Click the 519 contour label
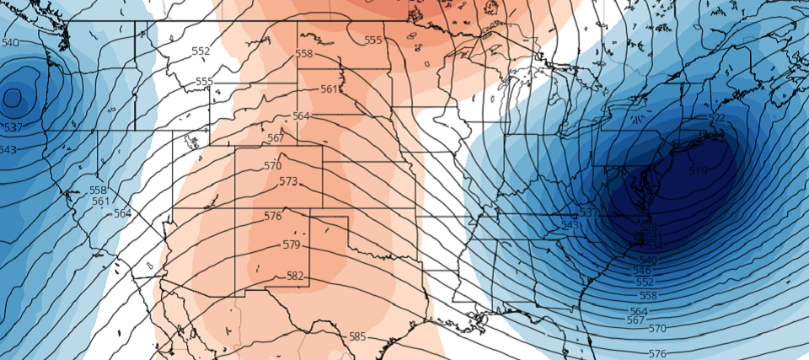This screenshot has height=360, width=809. tap(699, 171)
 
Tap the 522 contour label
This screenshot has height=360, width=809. tap(717, 118)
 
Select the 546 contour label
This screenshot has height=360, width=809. tap(642, 271)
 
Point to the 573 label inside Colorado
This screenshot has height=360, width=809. tap(288, 181)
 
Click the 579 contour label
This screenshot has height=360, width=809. tap(292, 245)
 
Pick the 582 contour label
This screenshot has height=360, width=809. tap(296, 276)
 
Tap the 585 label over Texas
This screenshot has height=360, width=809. tap(357, 336)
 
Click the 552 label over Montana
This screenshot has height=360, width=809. tap(201, 51)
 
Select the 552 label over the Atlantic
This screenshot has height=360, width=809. tap(645, 282)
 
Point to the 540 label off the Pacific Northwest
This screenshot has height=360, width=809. tap(10, 43)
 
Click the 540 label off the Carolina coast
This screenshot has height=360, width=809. tap(649, 261)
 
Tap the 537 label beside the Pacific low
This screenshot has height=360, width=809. tap(13, 128)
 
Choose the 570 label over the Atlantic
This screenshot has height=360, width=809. tap(657, 328)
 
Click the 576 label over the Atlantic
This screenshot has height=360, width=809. tap(658, 353)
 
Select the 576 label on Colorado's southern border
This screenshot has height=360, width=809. tap(272, 217)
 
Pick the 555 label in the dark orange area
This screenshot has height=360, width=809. tap(373, 40)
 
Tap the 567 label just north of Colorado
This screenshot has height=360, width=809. tap(276, 138)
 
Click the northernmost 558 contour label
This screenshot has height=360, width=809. tap(304, 54)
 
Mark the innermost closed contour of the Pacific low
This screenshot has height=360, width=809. tap(12, 97)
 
